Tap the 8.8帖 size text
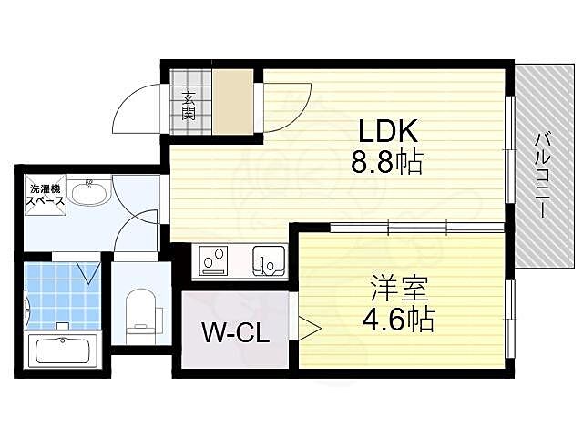386,163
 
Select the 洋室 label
394,290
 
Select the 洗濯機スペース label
42,194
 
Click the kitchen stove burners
216,260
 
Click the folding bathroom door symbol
88,271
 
